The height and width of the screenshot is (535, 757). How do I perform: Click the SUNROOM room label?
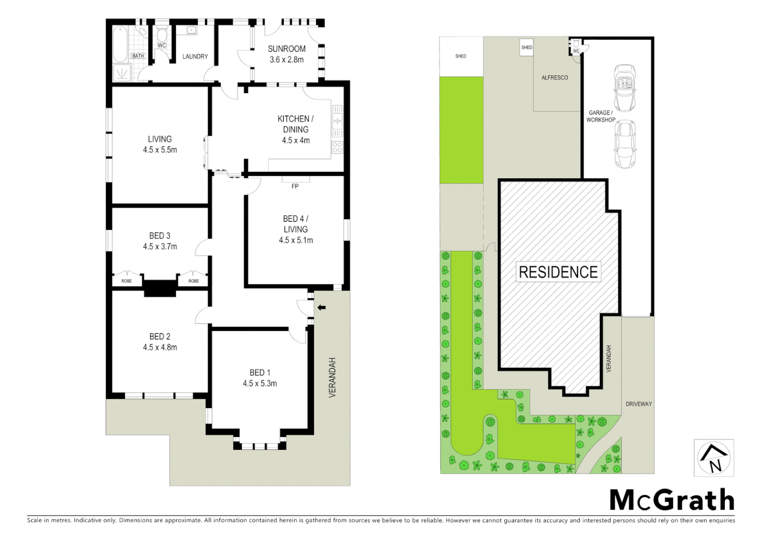click(286, 49)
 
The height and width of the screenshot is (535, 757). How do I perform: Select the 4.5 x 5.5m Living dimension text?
click(160, 150)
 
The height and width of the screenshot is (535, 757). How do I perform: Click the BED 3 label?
click(160, 236)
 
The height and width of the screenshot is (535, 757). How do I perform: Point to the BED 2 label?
click(160, 336)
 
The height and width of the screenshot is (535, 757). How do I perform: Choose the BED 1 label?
click(260, 373)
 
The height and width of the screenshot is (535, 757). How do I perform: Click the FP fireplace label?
click(295, 186)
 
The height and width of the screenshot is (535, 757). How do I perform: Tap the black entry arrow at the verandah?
click(322, 308)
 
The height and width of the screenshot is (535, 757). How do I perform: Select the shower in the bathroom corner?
click(122, 73)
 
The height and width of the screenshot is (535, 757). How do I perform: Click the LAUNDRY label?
click(195, 56)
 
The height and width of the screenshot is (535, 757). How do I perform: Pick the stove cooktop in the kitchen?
click(337, 147)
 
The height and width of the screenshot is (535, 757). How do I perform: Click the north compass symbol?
click(713, 458)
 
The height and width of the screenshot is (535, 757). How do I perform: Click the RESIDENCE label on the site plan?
click(558, 272)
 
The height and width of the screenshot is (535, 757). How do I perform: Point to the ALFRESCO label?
click(554, 78)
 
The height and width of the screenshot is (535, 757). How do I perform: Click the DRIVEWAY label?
click(639, 404)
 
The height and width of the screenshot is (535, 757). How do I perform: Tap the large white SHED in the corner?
click(461, 56)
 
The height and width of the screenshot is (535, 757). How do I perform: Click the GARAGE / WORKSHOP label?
click(600, 116)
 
